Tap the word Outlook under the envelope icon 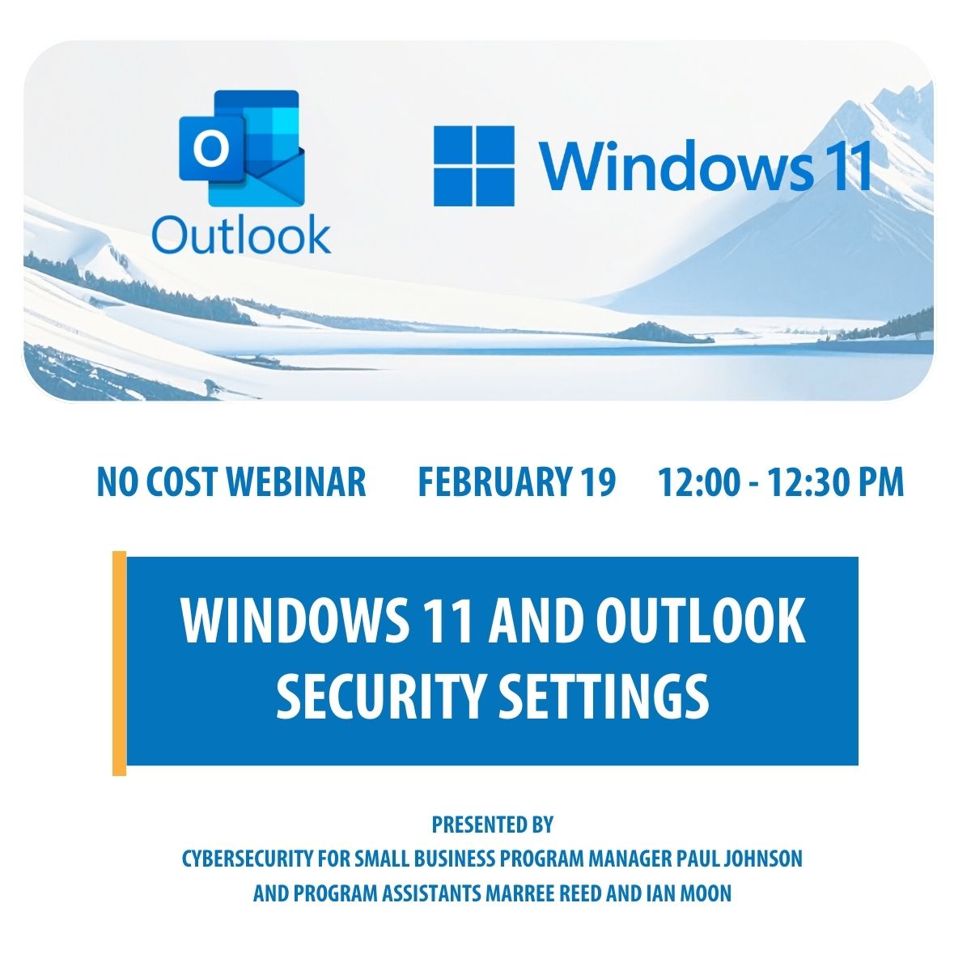pos(241,235)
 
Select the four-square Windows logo pos(474,166)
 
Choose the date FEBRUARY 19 pos(516,481)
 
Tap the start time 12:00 pos(698,481)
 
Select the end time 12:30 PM pos(835,481)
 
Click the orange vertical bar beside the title pos(119,663)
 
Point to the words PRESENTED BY pos(492,825)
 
